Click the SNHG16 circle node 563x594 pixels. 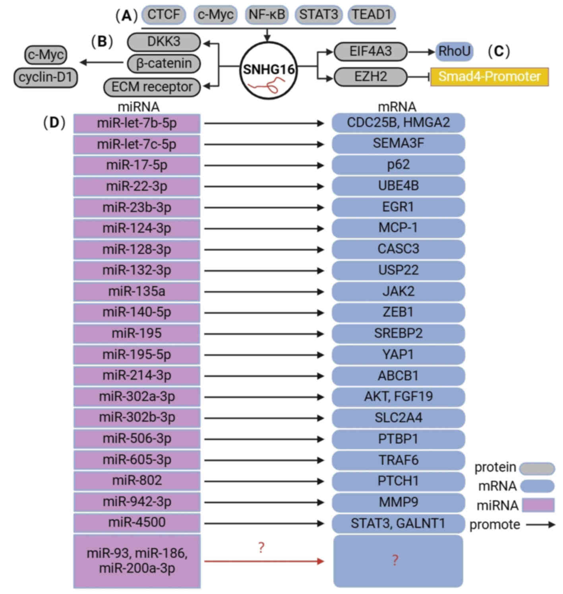tap(268, 70)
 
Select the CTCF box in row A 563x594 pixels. tap(163, 15)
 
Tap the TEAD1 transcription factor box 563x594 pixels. tap(371, 15)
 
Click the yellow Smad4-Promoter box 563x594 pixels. tap(489, 76)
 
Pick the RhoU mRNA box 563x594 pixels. tap(454, 51)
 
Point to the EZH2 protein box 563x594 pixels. tap(370, 76)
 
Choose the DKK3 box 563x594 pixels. tap(164, 41)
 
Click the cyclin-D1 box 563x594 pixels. tap(46, 77)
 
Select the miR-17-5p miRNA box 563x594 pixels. tap(137, 165)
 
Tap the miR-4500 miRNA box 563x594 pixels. tap(137, 522)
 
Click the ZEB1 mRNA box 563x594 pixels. tap(398, 313)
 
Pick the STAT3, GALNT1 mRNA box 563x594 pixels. tap(398, 523)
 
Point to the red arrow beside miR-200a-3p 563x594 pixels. tap(264, 561)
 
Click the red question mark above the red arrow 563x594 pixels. tap(261, 547)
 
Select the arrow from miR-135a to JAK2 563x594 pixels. tap(264, 292)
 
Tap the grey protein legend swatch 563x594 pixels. tap(537, 468)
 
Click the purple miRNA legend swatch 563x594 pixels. tap(538, 505)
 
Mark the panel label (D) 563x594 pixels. tap(54, 122)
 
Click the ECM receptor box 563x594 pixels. tap(152, 87)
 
